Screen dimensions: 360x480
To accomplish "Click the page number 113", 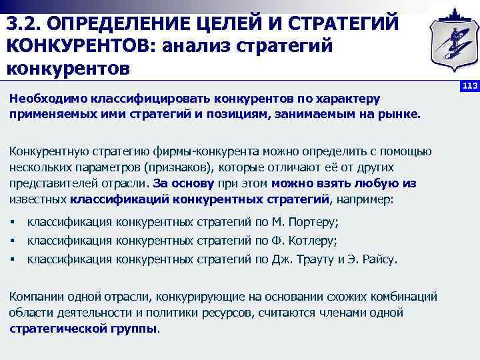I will point(470,87).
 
